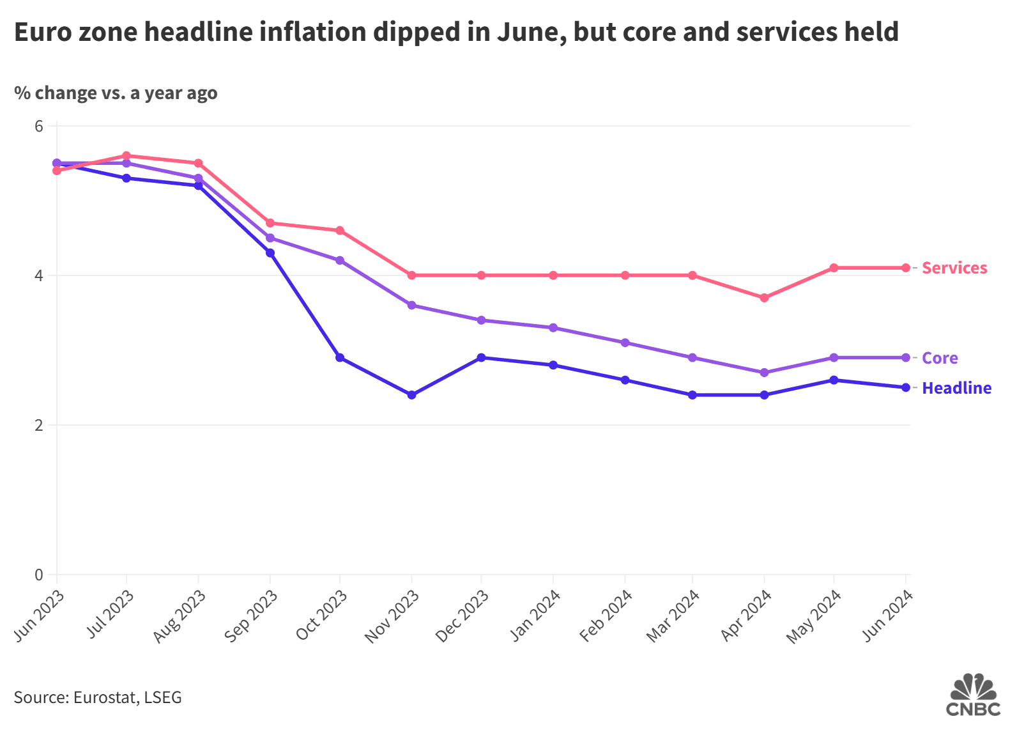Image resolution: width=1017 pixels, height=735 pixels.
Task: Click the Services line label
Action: pyautogui.click(x=954, y=268)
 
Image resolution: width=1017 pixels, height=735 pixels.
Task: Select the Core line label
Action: pyautogui.click(x=939, y=358)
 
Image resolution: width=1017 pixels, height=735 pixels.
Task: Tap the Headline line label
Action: pyautogui.click(x=956, y=388)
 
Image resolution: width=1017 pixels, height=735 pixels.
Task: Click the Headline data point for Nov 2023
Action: pyautogui.click(x=411, y=395)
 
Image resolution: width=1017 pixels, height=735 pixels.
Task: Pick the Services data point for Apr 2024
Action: pyautogui.click(x=764, y=298)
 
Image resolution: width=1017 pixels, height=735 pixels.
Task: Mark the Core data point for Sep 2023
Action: pyautogui.click(x=270, y=238)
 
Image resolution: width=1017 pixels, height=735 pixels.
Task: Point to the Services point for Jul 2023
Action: pyautogui.click(x=126, y=156)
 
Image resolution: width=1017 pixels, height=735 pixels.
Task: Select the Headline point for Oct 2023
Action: pyautogui.click(x=340, y=358)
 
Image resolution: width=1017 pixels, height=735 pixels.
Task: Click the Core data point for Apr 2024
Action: pyautogui.click(x=764, y=373)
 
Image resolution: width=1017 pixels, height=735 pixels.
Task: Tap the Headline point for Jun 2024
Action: pyautogui.click(x=906, y=387)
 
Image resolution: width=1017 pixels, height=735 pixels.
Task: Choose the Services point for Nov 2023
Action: pyautogui.click(x=411, y=275)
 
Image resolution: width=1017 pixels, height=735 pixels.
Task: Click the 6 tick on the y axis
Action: pyautogui.click(x=39, y=126)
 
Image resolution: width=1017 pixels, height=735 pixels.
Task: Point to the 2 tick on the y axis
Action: pyautogui.click(x=39, y=425)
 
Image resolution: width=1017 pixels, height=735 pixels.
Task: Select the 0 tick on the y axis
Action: pyautogui.click(x=39, y=575)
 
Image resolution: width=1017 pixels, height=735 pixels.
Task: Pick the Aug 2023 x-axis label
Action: pyautogui.click(x=180, y=616)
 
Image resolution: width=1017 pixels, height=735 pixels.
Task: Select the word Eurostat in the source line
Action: pyautogui.click(x=103, y=697)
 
